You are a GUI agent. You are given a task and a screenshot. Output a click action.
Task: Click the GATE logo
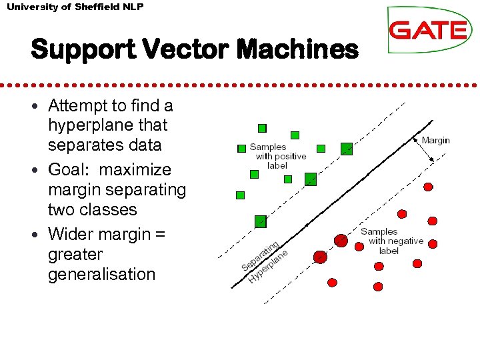click(429, 30)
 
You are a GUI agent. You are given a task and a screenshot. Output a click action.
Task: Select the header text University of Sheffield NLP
click(75, 7)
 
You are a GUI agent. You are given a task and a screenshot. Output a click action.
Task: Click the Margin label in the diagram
click(435, 140)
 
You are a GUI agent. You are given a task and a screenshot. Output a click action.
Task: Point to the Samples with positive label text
click(277, 156)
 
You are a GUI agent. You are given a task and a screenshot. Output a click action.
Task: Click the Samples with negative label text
click(391, 241)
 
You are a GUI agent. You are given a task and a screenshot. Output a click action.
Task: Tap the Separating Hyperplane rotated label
click(265, 259)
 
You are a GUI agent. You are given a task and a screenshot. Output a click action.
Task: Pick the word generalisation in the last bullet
click(101, 274)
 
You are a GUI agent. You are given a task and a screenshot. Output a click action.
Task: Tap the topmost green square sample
click(262, 127)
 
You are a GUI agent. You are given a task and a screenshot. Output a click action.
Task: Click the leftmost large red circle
click(321, 257)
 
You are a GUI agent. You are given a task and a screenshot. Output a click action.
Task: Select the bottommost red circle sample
click(377, 287)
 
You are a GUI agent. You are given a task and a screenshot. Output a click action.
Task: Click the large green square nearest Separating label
click(260, 221)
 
